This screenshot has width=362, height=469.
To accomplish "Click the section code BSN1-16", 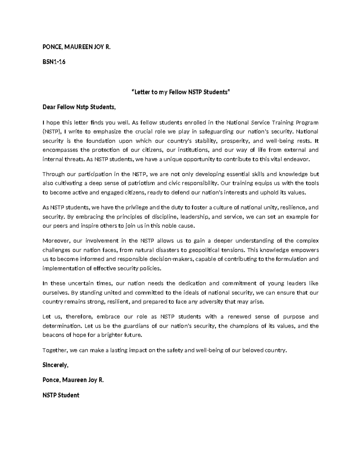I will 54,62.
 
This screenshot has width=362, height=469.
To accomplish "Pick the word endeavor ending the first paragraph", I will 298,159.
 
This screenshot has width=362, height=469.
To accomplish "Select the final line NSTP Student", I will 61,395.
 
